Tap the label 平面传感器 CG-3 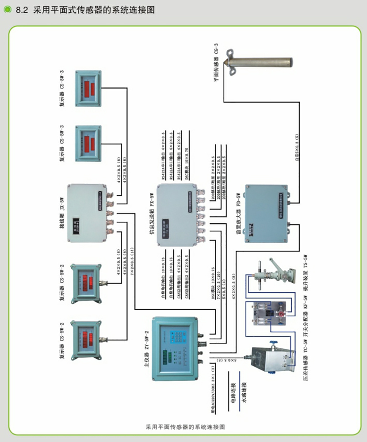(x=216, y=62)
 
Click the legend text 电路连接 (x=233, y=389)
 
